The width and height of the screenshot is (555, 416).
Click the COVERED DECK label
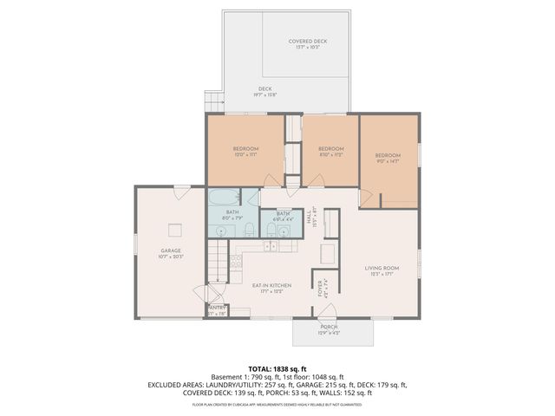[x=308, y=44]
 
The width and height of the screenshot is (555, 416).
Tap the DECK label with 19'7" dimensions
[x=264, y=92]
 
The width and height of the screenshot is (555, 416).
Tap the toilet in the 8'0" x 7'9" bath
[x=248, y=229]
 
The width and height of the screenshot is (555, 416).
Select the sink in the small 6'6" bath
[x=284, y=231]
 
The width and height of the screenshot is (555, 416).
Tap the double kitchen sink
[x=271, y=246]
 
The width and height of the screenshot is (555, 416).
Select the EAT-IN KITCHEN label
[x=271, y=287]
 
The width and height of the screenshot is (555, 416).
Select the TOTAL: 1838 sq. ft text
[x=278, y=369]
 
